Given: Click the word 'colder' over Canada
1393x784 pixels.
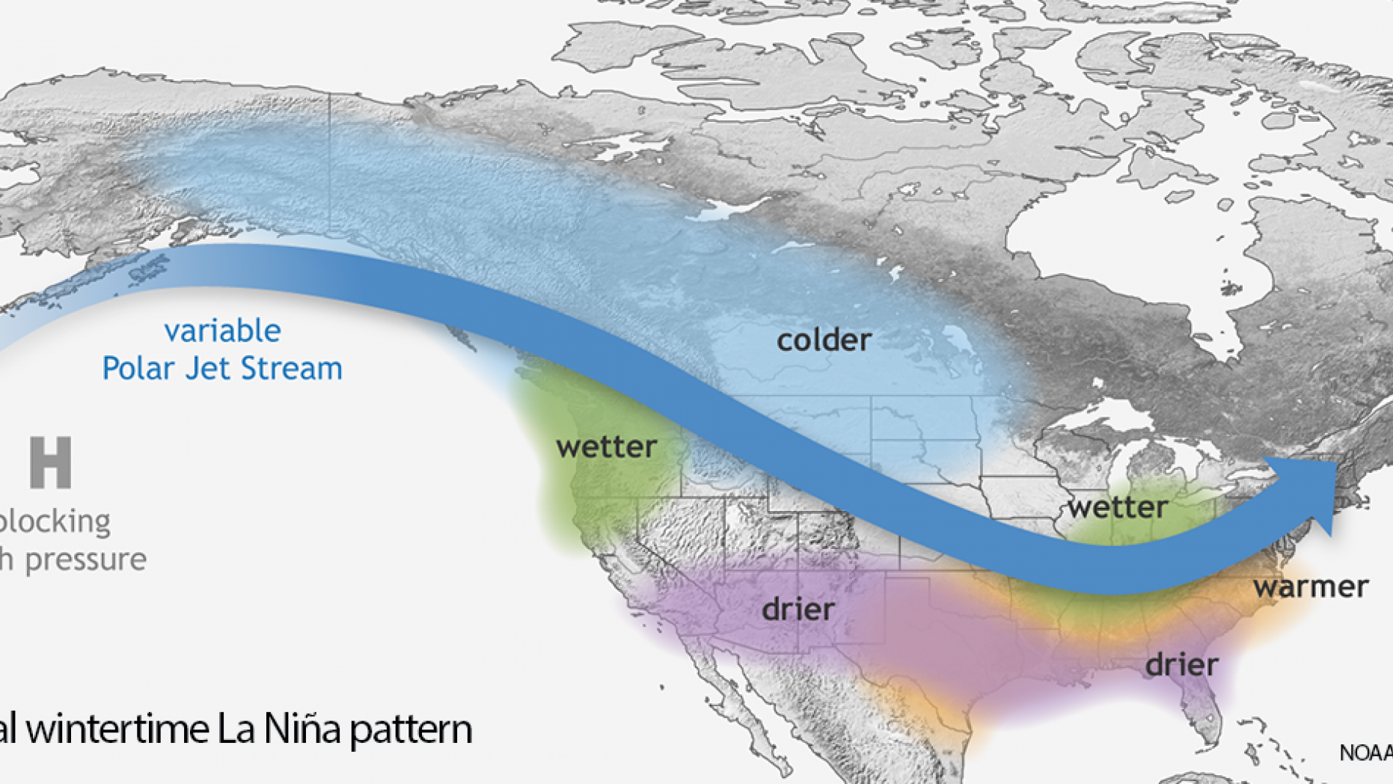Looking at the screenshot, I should point(824,340).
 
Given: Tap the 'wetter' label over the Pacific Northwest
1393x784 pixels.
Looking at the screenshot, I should point(606,447).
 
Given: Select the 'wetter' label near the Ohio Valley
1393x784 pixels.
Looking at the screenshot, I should point(1117,507).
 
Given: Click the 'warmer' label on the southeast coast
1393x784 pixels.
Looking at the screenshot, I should point(1311,587).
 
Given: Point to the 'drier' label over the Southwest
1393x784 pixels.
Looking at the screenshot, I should point(797,609).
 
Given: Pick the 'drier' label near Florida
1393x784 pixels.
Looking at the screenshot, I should point(1181,664).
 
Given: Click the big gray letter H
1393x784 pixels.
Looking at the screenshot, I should point(51,463).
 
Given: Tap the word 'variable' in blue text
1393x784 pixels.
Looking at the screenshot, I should point(222,331).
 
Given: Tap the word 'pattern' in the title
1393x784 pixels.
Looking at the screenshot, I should point(411,729).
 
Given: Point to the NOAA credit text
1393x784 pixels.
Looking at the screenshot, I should point(1365,753).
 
